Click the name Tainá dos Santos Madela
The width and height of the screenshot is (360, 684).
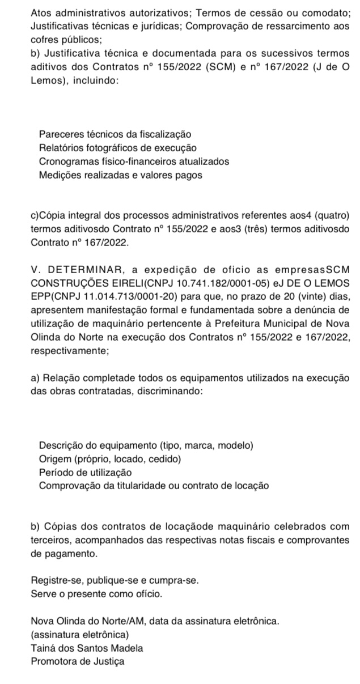pos(87,648)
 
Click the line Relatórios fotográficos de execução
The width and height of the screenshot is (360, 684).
pos(118,148)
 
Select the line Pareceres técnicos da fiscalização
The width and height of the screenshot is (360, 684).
pos(115,134)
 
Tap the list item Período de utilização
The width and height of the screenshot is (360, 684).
pos(85,472)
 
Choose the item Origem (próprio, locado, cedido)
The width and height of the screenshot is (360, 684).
pos(110,458)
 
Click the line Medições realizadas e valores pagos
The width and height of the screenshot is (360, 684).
pos(120,175)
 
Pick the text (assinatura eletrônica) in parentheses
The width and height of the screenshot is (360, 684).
pos(80,634)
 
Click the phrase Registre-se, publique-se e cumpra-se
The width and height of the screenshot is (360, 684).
pos(115,581)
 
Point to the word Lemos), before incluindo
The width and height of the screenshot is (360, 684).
pos(49,80)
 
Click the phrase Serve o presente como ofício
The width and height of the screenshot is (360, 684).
pos(96,594)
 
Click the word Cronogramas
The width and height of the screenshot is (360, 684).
pos(66,162)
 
